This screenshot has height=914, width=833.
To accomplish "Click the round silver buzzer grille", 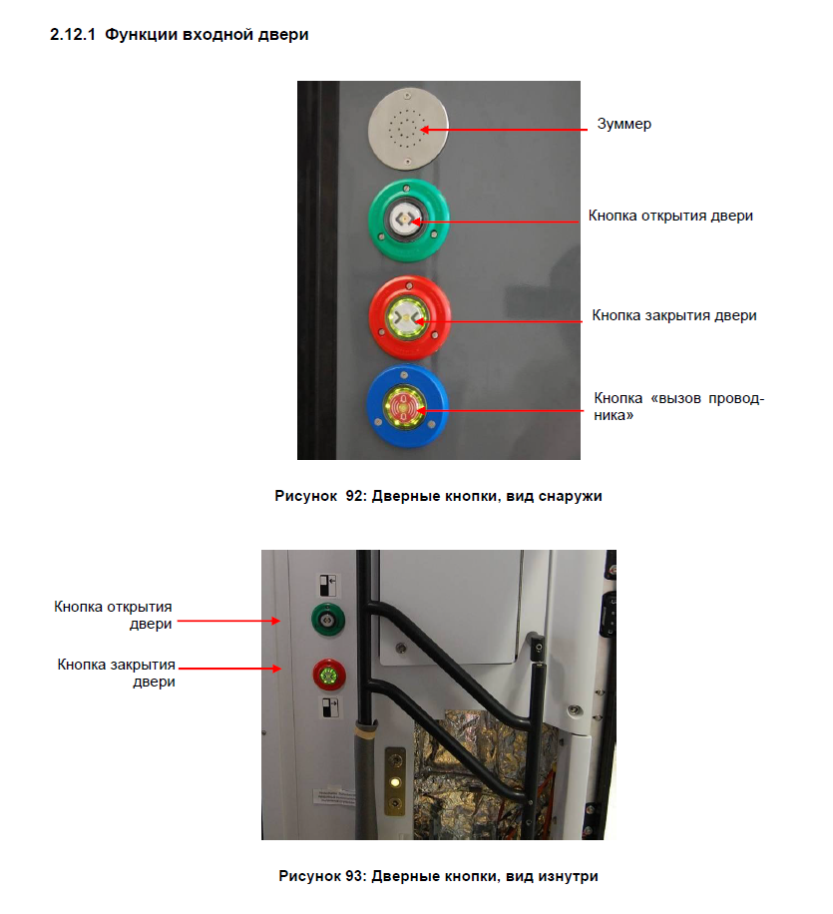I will click(408, 126).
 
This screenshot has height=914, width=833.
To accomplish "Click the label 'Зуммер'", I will click(624, 124).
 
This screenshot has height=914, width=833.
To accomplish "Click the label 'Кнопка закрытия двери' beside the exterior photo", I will click(673, 315).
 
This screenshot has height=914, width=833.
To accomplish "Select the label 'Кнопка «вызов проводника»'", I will click(678, 406).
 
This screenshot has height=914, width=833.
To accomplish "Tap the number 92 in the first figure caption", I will click(355, 496).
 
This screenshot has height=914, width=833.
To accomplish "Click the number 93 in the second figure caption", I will click(353, 876).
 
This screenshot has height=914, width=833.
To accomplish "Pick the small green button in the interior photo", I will click(325, 620).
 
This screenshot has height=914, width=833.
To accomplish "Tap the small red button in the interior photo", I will click(325, 675).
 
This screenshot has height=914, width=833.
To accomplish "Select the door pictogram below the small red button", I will click(330, 708).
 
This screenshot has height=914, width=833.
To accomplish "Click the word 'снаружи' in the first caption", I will click(573, 496).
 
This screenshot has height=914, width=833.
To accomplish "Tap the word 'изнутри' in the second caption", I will click(571, 876).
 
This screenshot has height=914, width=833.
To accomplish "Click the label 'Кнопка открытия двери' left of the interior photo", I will click(113, 615).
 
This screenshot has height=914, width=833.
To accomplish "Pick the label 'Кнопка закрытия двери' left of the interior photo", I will click(116, 674).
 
